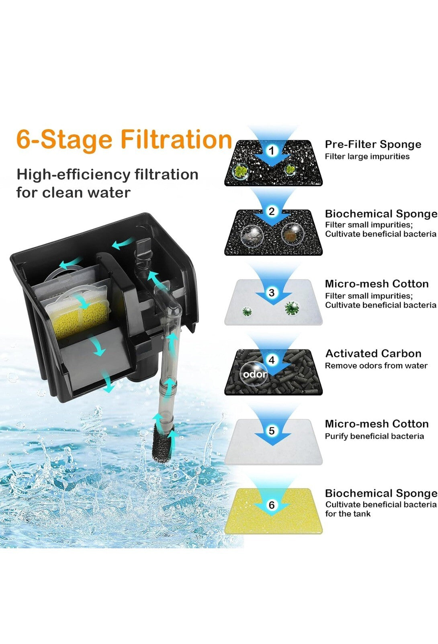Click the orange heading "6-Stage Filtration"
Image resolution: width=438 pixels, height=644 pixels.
coord(124,139)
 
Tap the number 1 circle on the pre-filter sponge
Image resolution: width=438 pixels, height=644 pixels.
coord(272,151)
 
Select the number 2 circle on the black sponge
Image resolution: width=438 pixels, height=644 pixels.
coord(272,211)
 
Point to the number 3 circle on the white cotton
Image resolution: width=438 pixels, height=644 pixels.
coord(272,293)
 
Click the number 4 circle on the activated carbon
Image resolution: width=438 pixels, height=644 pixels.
coord(272,360)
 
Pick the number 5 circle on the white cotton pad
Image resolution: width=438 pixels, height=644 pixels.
coord(272,431)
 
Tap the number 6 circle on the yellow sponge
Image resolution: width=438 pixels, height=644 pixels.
coord(272,505)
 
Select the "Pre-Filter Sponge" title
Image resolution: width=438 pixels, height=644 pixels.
coord(373,144)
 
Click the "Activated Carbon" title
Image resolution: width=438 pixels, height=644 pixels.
coord(373,353)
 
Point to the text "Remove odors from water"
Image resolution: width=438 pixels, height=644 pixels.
coord(376,366)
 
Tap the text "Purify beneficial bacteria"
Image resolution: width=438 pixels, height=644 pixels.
coord(374,436)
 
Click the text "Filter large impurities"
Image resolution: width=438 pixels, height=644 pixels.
coord(367,157)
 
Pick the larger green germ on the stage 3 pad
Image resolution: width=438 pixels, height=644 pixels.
coord(292,308)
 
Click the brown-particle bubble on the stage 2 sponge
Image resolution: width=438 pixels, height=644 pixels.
coord(293,234)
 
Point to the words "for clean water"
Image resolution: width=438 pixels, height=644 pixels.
coord(74,193)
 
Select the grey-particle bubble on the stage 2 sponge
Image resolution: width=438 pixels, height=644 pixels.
coord(252,235)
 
